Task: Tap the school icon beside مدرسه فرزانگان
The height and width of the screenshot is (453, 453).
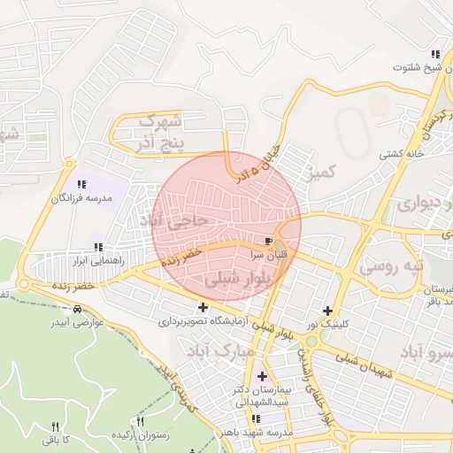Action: pos(82,184)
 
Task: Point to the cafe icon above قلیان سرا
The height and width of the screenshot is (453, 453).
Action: pos(268,241)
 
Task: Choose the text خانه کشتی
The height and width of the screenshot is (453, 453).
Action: pos(403,153)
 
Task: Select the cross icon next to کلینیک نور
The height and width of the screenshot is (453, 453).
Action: pos(328,311)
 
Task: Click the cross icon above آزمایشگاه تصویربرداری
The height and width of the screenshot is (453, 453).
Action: pos(204,307)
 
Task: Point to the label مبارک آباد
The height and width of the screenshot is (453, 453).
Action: pos(219,351)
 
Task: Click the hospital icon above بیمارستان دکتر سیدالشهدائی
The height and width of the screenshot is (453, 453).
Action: pos(261,376)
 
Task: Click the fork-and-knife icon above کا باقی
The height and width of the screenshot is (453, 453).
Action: pos(55,426)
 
